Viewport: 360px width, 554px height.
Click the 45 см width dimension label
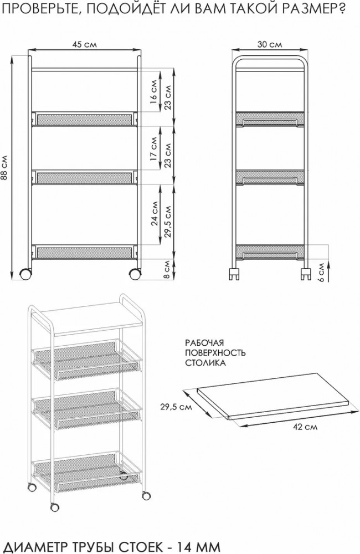(84, 44)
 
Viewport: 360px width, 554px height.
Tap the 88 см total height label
(4, 167)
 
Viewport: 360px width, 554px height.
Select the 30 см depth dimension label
(269, 44)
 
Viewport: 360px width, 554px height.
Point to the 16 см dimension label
(153, 91)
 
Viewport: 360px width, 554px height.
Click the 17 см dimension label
(153, 148)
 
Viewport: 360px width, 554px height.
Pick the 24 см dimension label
(153, 213)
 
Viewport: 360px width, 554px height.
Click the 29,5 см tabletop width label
(176, 407)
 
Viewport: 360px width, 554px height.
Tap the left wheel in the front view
(25, 274)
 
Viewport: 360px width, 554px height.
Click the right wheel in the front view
(135, 274)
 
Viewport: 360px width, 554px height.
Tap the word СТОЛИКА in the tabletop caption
(205, 363)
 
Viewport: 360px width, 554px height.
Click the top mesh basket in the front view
(84, 119)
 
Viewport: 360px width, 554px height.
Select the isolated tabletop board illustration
(274, 396)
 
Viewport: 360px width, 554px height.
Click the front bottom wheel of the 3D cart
(55, 507)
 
